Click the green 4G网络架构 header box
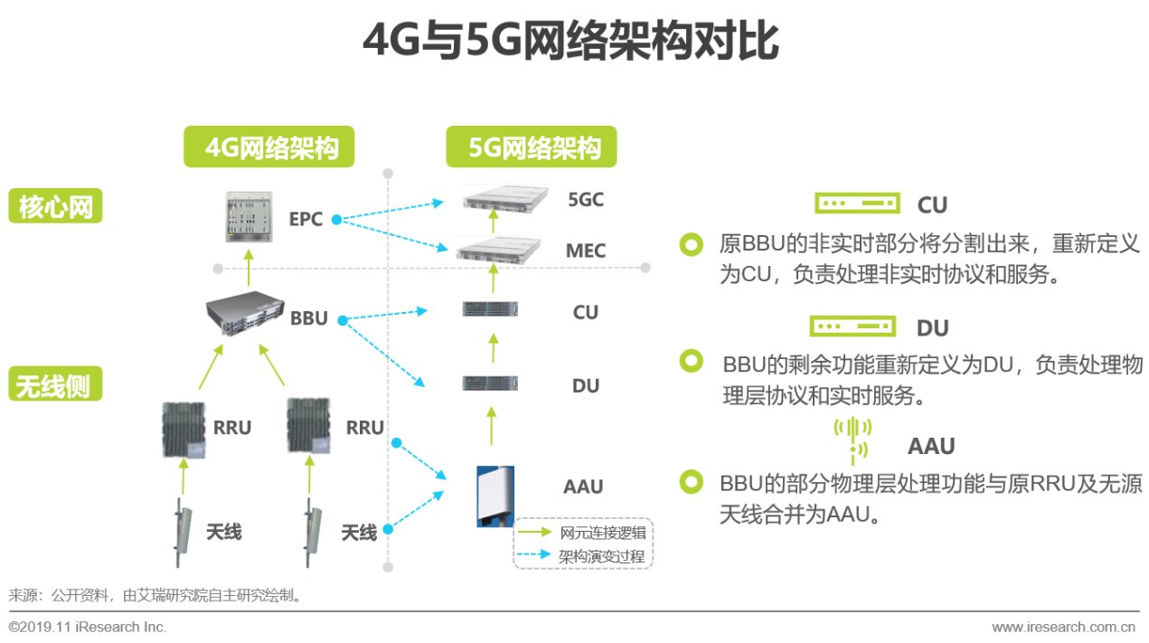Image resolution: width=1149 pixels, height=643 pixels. tap(268, 147)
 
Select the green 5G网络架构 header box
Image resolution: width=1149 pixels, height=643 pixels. tap(532, 147)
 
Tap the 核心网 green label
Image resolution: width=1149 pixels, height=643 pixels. tap(55, 207)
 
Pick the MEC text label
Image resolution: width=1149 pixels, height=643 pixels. tap(585, 251)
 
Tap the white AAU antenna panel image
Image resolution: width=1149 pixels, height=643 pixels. tap(495, 496)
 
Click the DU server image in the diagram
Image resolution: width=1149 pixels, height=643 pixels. tap(490, 383)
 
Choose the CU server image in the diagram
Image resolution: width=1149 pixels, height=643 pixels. tap(490, 310)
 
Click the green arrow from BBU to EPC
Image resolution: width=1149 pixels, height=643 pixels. tap(249, 268)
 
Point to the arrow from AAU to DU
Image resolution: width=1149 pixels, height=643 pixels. tap(492, 424)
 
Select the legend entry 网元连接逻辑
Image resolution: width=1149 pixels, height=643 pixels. tap(603, 533)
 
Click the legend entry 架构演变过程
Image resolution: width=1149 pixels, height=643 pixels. tap(603, 555)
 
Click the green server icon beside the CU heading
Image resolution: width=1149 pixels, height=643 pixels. tap(857, 203)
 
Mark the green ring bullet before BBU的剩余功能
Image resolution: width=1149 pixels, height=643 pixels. tap(692, 361)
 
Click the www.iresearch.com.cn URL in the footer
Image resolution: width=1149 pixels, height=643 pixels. tap(1063, 627)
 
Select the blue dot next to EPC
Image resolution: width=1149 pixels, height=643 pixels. tap(335, 219)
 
